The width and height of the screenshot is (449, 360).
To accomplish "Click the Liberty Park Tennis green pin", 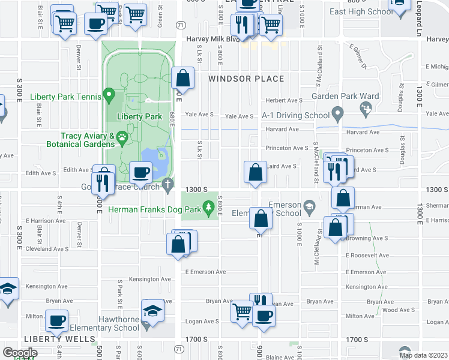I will pos(109,94).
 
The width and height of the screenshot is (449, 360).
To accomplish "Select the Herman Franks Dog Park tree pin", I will pos(208,208).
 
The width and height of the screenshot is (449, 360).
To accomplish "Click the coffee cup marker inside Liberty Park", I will pos(141,172).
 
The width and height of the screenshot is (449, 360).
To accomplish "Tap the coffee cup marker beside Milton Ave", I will pos(56,321).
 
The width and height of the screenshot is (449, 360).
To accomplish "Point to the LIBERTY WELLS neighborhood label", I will pos(50,339).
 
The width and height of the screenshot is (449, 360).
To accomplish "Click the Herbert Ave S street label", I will pos(285,101).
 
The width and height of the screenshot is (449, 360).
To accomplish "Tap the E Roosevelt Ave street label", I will pos(367,255).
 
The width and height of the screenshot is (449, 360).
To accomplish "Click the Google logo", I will pos(20,352).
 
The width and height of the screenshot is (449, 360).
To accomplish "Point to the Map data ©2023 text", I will pos(423,355).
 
